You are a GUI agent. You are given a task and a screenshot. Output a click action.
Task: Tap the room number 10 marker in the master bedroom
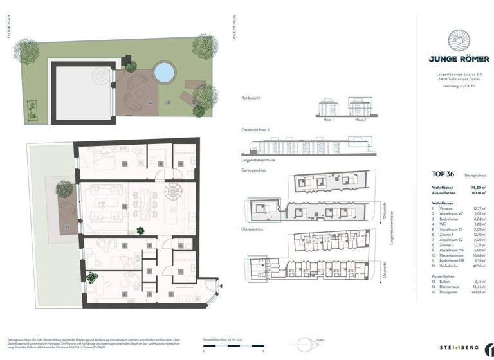pyautogui.click(x=124, y=164)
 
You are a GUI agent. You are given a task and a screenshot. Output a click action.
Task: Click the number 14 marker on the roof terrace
pyautogui.click(x=151, y=102)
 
